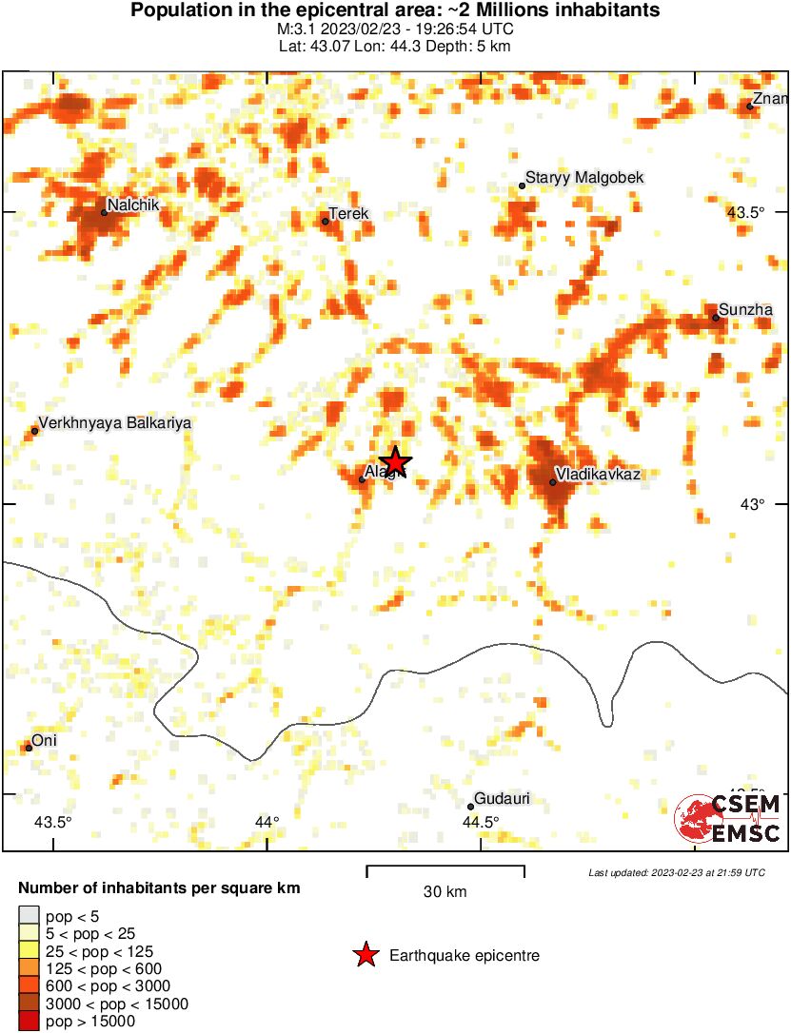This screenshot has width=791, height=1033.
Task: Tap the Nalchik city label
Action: click(x=132, y=205)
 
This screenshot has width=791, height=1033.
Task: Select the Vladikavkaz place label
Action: click(x=598, y=474)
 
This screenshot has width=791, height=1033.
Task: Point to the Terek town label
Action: click(x=347, y=214)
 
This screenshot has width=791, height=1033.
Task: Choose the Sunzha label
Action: click(x=746, y=309)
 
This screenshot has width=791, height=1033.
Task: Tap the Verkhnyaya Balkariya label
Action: click(x=114, y=423)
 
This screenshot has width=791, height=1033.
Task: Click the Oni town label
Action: click(x=44, y=740)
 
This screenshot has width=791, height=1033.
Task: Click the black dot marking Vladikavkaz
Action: click(x=553, y=482)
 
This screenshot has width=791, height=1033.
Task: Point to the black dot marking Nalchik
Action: click(x=104, y=212)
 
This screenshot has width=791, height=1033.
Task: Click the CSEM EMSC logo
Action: click(x=728, y=819)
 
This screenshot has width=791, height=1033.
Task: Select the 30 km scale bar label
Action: click(x=445, y=892)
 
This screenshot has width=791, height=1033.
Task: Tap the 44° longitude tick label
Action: click(x=267, y=823)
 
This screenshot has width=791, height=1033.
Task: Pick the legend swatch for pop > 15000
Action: click(x=29, y=1022)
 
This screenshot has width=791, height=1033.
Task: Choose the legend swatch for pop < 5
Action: click(x=29, y=916)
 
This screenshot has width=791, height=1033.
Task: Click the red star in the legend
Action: click(x=366, y=955)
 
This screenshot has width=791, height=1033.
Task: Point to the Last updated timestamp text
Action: click(x=676, y=872)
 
